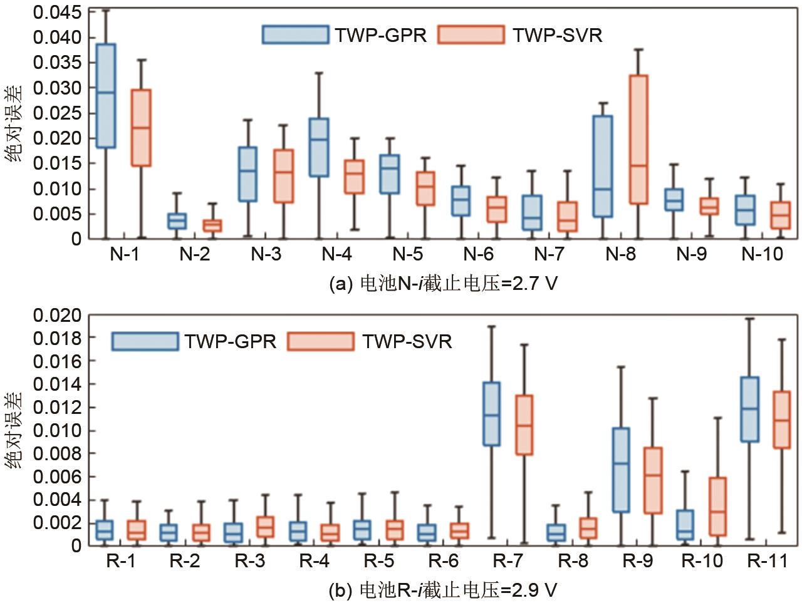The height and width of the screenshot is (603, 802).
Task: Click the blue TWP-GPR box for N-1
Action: pos(106,96)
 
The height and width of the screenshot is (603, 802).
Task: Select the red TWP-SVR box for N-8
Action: pos(638,139)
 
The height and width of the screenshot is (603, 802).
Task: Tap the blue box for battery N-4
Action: pos(319,147)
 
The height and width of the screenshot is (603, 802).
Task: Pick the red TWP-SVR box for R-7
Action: pos(524,425)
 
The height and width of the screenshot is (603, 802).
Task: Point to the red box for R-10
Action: pos(717,506)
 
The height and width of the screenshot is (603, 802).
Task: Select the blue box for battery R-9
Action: pos(620,470)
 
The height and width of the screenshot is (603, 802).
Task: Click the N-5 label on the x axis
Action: pos(408,254)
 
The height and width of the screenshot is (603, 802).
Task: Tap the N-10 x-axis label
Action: pos(762,254)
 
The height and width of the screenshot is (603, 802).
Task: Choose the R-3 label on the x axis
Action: pos(249,561)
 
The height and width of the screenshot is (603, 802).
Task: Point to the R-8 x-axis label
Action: pos(573,561)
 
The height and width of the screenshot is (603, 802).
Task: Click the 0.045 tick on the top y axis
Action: pos(57,13)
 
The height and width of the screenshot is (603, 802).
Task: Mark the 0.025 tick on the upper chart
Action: pos(57,113)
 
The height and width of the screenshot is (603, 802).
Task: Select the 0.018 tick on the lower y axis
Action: pos(57,339)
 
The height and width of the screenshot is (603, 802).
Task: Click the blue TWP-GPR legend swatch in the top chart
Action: pos(295,35)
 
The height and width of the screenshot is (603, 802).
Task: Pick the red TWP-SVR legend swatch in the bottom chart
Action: pos(320,341)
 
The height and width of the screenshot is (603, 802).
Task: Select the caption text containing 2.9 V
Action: pos(442,590)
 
